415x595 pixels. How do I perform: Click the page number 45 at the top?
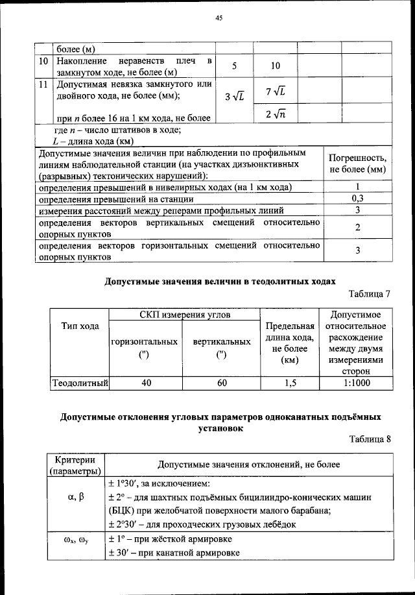click(x=219, y=19)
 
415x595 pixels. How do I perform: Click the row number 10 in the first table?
click(x=43, y=60)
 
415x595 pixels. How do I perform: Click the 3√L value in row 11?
click(x=234, y=97)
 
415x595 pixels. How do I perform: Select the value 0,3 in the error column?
click(x=357, y=199)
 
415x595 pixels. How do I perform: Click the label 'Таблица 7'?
click(x=370, y=294)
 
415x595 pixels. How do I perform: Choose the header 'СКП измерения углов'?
click(x=184, y=315)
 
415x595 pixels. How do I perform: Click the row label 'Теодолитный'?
click(x=80, y=383)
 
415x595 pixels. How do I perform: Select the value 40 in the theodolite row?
click(x=147, y=383)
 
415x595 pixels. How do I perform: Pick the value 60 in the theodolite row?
click(x=222, y=383)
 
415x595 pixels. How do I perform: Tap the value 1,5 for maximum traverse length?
click(x=290, y=383)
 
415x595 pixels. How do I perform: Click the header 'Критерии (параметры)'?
click(x=73, y=465)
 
